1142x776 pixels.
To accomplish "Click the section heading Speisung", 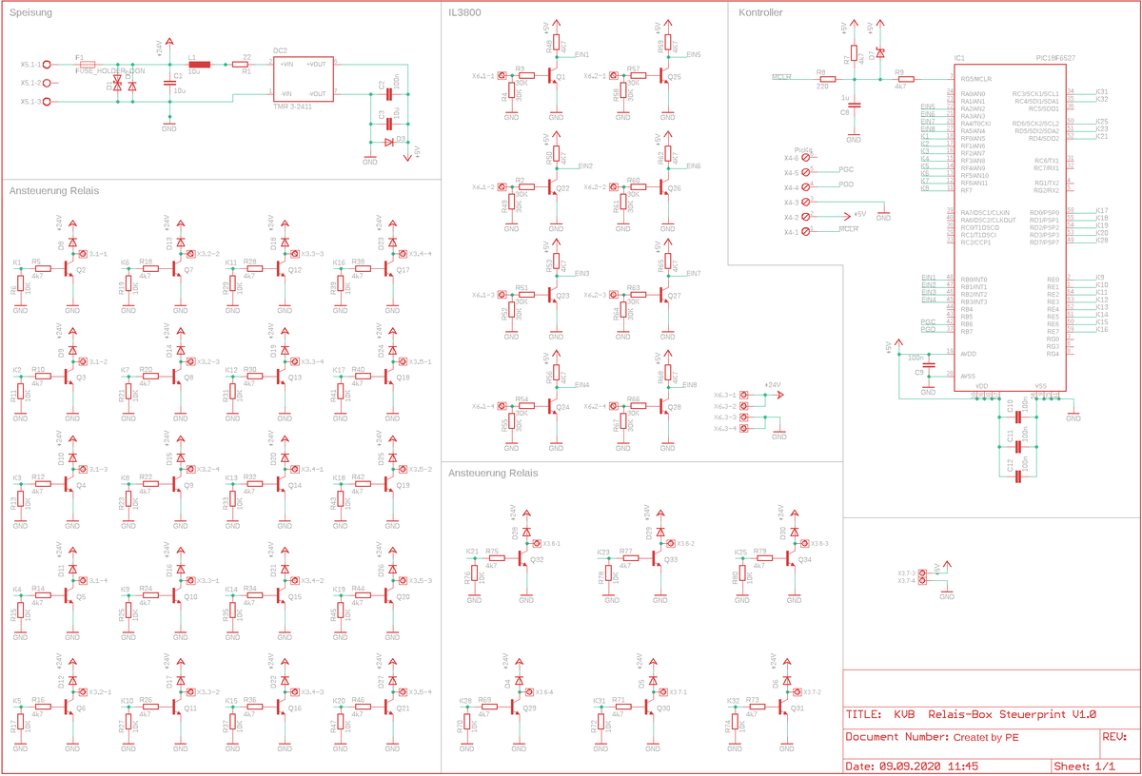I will coord(30,13).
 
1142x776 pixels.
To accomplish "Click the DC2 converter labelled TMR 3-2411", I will coord(302,78).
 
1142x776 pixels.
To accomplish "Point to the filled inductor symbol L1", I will coord(199,65).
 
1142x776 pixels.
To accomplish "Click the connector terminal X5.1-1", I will coord(46,65).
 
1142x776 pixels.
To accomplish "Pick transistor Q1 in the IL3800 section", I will coord(554,77).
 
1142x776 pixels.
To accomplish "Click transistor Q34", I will coord(796,559).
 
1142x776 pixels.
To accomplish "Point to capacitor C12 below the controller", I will coord(1019,474).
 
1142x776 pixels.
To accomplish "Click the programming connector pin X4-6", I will coord(807,158).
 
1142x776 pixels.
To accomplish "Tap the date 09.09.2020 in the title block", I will coord(910,765).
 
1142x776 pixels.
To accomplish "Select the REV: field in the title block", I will coord(1114,736).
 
